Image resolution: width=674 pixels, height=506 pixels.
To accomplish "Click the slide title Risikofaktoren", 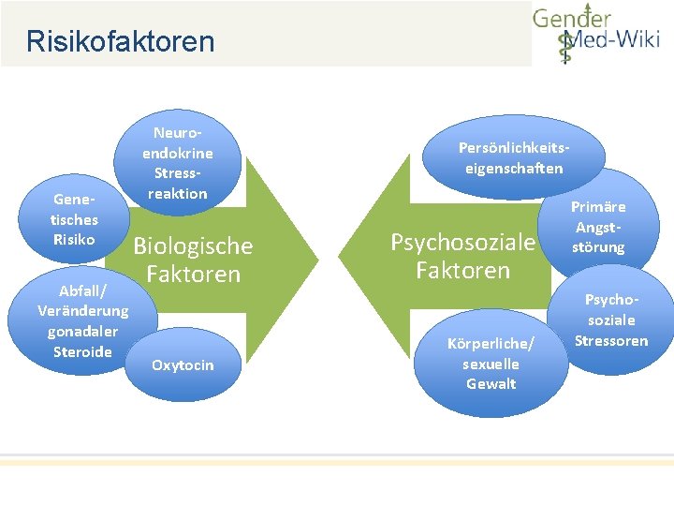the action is click(x=120, y=42).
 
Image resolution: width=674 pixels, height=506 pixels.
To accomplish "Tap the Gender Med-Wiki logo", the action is click(x=595, y=35).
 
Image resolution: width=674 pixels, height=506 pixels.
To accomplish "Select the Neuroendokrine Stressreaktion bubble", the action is click(x=178, y=163).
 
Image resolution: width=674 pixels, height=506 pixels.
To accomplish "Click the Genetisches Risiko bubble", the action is click(x=74, y=219).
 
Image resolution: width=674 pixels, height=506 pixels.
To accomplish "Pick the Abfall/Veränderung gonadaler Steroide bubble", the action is click(x=82, y=320).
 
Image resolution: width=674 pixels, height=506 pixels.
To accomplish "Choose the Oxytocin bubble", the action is click(x=183, y=365).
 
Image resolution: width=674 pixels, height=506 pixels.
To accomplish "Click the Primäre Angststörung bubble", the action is click(x=599, y=226).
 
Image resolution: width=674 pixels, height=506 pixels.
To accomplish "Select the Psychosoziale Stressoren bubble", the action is click(x=611, y=320).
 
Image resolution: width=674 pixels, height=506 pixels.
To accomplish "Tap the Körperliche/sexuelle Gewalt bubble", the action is click(x=491, y=363).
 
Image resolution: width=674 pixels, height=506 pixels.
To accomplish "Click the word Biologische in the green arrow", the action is click(x=193, y=246).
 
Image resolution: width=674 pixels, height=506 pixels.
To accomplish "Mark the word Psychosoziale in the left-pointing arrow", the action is click(x=462, y=243).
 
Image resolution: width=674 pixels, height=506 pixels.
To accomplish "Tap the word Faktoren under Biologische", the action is click(x=193, y=275).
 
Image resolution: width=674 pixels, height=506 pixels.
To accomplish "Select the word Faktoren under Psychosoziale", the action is click(x=462, y=271).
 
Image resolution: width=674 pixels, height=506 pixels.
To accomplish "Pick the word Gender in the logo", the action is click(x=572, y=18).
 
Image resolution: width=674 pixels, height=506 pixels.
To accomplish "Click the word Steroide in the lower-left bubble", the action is click(x=82, y=351).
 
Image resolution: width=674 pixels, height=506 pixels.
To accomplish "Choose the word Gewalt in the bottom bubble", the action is click(x=491, y=383).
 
